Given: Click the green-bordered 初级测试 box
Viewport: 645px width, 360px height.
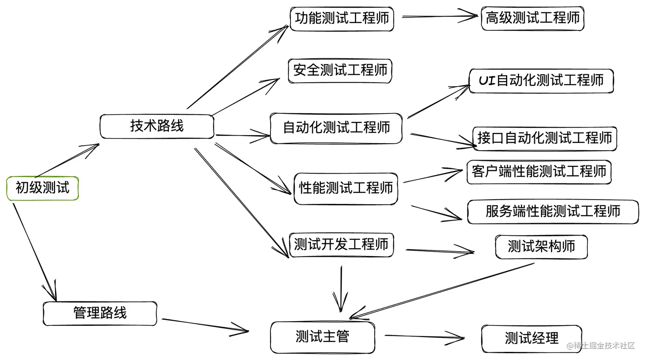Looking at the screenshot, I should click(42, 188).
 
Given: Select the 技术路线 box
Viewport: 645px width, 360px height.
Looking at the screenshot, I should click(157, 126).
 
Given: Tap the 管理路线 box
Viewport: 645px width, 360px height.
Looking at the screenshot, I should click(100, 313).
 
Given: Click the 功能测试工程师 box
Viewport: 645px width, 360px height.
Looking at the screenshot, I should click(342, 18).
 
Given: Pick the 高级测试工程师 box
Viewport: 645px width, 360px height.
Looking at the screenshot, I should click(532, 18).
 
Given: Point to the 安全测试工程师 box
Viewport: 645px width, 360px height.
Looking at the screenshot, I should click(340, 70).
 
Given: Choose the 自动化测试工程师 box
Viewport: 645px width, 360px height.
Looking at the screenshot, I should click(336, 128).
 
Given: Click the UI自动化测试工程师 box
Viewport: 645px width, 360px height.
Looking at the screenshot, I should click(541, 81).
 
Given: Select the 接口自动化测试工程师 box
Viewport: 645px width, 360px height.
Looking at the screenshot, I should click(544, 138).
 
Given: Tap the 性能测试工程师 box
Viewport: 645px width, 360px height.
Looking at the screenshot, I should click(346, 188).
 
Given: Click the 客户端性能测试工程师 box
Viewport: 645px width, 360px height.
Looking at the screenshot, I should click(539, 172).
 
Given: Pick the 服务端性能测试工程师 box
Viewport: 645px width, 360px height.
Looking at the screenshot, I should click(552, 212).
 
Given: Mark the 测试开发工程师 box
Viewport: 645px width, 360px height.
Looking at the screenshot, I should click(341, 245).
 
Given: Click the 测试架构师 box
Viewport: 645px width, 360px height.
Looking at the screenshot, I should click(541, 247).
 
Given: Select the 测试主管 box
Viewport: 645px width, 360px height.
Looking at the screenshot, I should click(322, 337).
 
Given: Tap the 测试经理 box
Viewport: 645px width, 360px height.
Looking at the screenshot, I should click(532, 339).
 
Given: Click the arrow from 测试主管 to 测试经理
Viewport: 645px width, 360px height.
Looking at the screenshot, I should click(424, 337).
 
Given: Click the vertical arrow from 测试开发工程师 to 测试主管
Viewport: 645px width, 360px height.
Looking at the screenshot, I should click(341, 290).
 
